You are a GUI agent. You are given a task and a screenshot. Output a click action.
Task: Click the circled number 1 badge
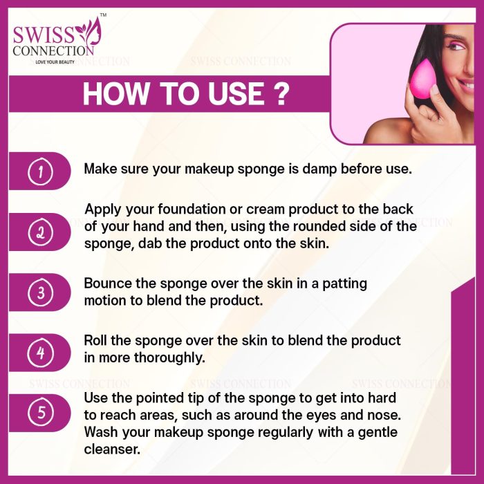40,171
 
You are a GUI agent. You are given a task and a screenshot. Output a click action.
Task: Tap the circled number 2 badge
40,232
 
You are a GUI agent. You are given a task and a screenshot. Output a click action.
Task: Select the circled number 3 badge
40,292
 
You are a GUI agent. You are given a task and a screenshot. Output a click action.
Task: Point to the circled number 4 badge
40,353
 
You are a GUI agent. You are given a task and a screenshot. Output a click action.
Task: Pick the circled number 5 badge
40,413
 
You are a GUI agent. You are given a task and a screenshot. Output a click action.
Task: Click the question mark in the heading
281,94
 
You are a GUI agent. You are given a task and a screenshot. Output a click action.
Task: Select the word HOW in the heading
115,94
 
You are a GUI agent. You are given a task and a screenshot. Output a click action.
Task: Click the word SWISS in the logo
44,35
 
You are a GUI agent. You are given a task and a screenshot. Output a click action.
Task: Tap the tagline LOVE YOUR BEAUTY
55,62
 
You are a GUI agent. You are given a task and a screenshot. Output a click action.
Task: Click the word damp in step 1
319,169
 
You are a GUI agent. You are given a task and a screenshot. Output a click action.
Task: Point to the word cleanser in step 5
112,449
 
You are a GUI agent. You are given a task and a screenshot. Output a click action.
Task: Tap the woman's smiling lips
466,84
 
